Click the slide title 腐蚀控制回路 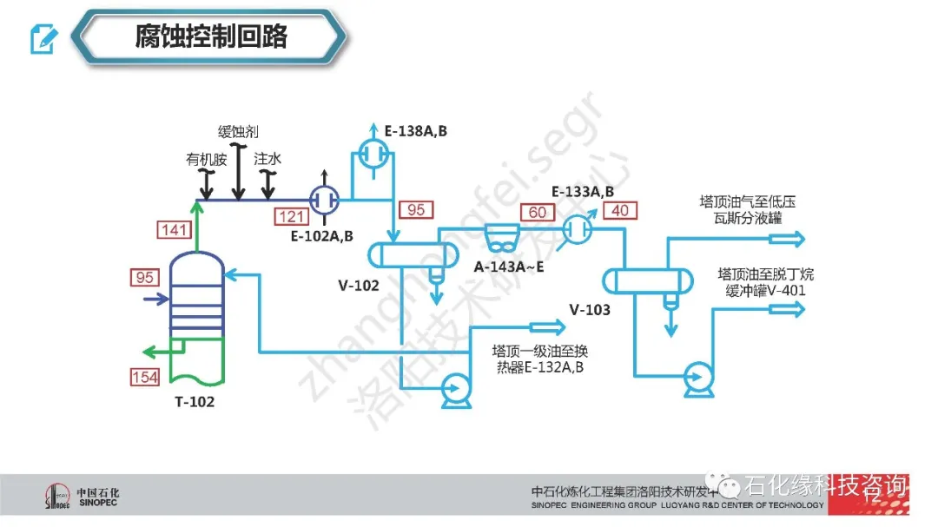pyautogui.click(x=211, y=36)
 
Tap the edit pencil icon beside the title pyautogui.click(x=43, y=38)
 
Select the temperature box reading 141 pyautogui.click(x=175, y=229)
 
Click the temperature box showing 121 pyautogui.click(x=291, y=216)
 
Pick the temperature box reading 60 pyautogui.click(x=537, y=212)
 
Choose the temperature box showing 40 pyautogui.click(x=620, y=211)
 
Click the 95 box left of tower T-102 pyautogui.click(x=146, y=279)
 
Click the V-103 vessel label pyautogui.click(x=590, y=309)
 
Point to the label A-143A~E pyautogui.click(x=509, y=266)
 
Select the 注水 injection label pyautogui.click(x=268, y=159)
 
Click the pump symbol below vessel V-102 pyautogui.click(x=454, y=388)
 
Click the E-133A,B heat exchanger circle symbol pyautogui.click(x=575, y=228)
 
